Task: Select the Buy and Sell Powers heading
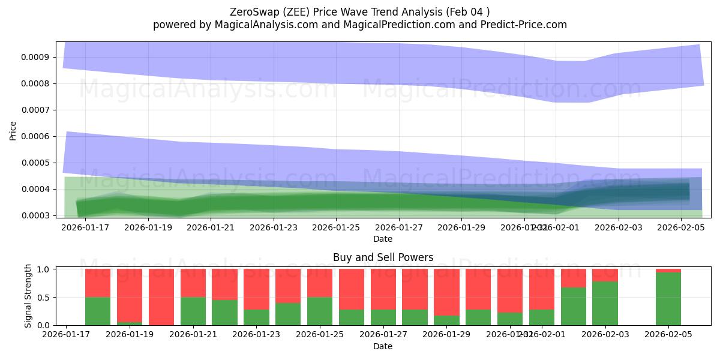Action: [x=383, y=257]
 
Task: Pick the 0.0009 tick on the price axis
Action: [x=37, y=58]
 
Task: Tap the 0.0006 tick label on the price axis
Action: [x=37, y=137]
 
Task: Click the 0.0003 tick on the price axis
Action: [x=37, y=215]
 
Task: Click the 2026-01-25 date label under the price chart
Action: [x=336, y=228]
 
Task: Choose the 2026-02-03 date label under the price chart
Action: [x=618, y=228]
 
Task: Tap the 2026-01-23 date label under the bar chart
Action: [x=257, y=335]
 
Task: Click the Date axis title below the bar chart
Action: [x=383, y=346]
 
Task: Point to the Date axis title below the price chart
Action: [x=383, y=239]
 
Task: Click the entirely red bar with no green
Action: [x=161, y=297]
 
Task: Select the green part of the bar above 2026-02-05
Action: [x=668, y=299]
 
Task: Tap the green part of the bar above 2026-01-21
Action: [x=193, y=311]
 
